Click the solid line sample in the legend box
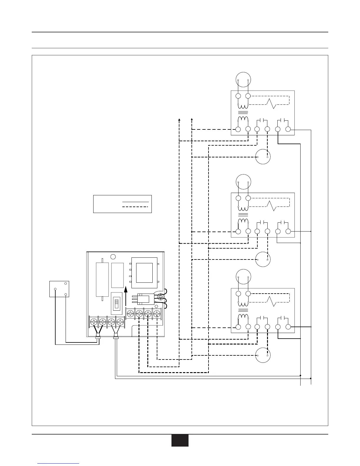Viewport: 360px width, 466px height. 135,202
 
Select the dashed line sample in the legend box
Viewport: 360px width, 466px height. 135,207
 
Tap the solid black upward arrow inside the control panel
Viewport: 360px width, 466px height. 126,296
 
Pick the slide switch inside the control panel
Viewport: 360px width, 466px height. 116,303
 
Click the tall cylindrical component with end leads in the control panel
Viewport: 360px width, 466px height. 102,279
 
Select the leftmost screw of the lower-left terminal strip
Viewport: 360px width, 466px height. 94,322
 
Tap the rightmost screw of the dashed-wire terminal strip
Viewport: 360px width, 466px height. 157,314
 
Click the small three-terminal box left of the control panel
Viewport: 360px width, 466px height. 59,289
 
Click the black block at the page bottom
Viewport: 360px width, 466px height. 180,440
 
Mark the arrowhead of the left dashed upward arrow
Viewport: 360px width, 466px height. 179,119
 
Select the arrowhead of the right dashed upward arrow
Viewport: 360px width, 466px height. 192,119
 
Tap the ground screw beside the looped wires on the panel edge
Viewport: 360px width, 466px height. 161,297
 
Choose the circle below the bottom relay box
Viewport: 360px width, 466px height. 263,355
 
